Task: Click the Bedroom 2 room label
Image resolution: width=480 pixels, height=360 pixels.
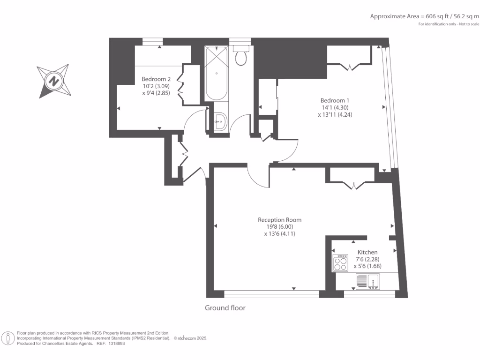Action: (156, 79)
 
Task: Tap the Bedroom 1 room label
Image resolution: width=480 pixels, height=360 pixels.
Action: (335, 100)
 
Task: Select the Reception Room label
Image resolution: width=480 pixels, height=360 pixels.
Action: (279, 220)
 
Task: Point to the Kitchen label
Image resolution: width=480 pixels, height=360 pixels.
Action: (367, 252)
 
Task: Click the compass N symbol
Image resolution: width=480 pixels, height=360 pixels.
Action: (54, 81)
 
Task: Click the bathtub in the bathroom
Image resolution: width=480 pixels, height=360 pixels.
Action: (217, 73)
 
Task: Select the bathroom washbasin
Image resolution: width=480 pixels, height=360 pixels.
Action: (220, 122)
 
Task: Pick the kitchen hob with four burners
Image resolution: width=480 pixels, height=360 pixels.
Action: (340, 263)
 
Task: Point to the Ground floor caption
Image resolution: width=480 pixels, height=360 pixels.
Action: (225, 308)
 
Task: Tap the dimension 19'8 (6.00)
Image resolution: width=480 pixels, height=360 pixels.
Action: (280, 227)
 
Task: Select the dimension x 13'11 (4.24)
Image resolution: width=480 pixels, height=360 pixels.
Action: (335, 115)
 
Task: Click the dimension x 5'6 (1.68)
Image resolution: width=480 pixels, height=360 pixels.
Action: (367, 266)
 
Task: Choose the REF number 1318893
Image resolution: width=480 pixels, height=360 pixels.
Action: (116, 344)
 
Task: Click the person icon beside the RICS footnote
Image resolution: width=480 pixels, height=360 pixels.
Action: (8, 338)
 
